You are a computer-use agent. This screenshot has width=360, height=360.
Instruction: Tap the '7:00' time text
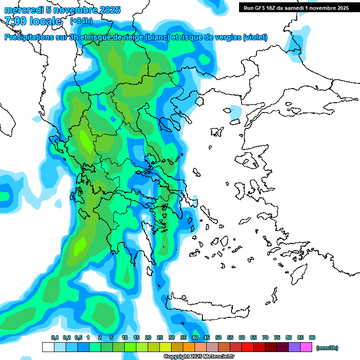[15, 21]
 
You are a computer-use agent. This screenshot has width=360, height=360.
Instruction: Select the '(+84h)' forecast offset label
[81, 21]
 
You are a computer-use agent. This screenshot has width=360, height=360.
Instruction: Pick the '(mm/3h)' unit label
[327, 348]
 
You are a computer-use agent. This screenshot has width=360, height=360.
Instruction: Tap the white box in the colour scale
[48, 347]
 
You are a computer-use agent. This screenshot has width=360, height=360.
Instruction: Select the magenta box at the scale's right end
[306, 347]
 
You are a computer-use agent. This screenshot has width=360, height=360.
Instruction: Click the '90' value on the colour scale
[312, 338]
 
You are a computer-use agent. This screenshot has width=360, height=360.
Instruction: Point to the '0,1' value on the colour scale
[54, 338]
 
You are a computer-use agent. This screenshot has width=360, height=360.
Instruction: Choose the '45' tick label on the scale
[207, 338]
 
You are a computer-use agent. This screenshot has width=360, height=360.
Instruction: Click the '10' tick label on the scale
[125, 338]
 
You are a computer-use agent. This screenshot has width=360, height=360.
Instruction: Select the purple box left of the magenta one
[294, 347]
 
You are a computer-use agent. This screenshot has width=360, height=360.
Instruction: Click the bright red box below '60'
[247, 347]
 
